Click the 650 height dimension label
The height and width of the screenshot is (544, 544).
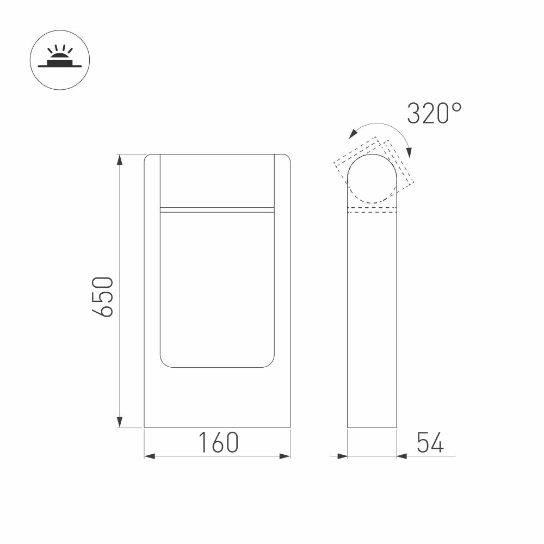(x=102, y=296)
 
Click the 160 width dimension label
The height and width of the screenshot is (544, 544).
(x=218, y=443)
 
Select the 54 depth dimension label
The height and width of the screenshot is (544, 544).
(x=430, y=443)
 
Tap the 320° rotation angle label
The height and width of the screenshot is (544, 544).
(x=434, y=114)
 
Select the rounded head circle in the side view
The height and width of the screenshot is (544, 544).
(x=372, y=179)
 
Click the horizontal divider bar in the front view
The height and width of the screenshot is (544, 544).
(x=217, y=209)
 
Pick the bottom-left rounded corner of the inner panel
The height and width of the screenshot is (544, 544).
(x=163, y=364)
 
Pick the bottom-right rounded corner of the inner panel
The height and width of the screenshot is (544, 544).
(x=271, y=364)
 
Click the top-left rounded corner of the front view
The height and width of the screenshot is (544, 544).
(x=147, y=157)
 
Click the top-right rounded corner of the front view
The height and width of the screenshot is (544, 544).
(x=287, y=157)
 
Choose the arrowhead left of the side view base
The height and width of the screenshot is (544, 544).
(x=342, y=456)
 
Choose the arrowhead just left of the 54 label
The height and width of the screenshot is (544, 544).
(x=403, y=456)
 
